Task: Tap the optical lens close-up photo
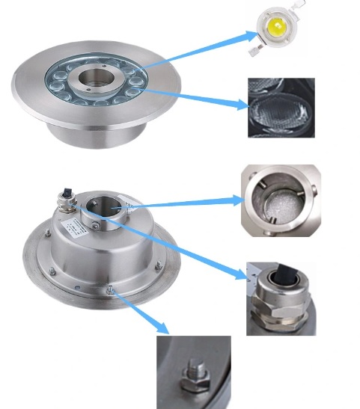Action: tap(281, 108)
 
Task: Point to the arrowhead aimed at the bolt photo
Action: tap(164, 328)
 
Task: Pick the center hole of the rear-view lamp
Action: tap(101, 207)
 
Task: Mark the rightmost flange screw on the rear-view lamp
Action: tap(158, 264)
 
